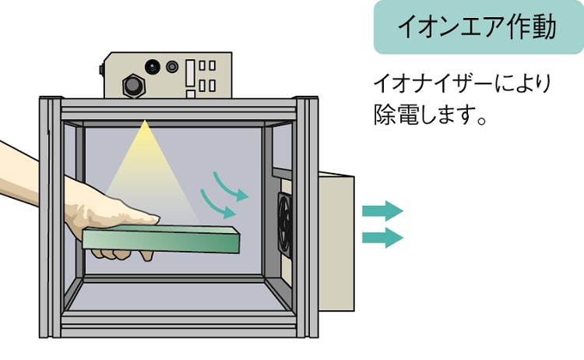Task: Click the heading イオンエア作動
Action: point(477,27)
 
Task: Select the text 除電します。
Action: point(430,116)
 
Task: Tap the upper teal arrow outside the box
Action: point(382,210)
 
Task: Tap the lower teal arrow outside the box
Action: point(382,237)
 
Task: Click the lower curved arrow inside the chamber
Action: point(219,205)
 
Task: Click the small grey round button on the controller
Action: point(172,67)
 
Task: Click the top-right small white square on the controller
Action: point(212,66)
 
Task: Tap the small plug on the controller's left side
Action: point(102,70)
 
